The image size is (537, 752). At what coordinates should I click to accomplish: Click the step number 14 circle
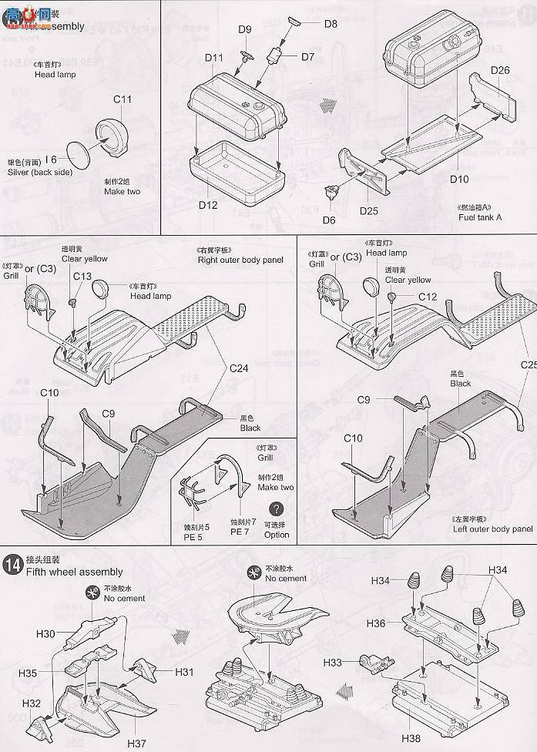click(13, 562)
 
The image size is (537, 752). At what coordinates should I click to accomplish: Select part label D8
click(331, 24)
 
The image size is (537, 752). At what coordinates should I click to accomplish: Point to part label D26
click(500, 70)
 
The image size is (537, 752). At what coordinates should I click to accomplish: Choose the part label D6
click(329, 220)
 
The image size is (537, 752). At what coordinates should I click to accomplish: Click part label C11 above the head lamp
click(123, 99)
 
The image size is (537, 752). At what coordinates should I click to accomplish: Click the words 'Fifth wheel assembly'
click(74, 572)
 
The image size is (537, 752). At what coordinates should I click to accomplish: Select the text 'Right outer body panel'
click(240, 260)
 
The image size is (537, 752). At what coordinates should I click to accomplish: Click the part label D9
click(244, 30)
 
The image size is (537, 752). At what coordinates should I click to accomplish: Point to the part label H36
click(378, 623)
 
